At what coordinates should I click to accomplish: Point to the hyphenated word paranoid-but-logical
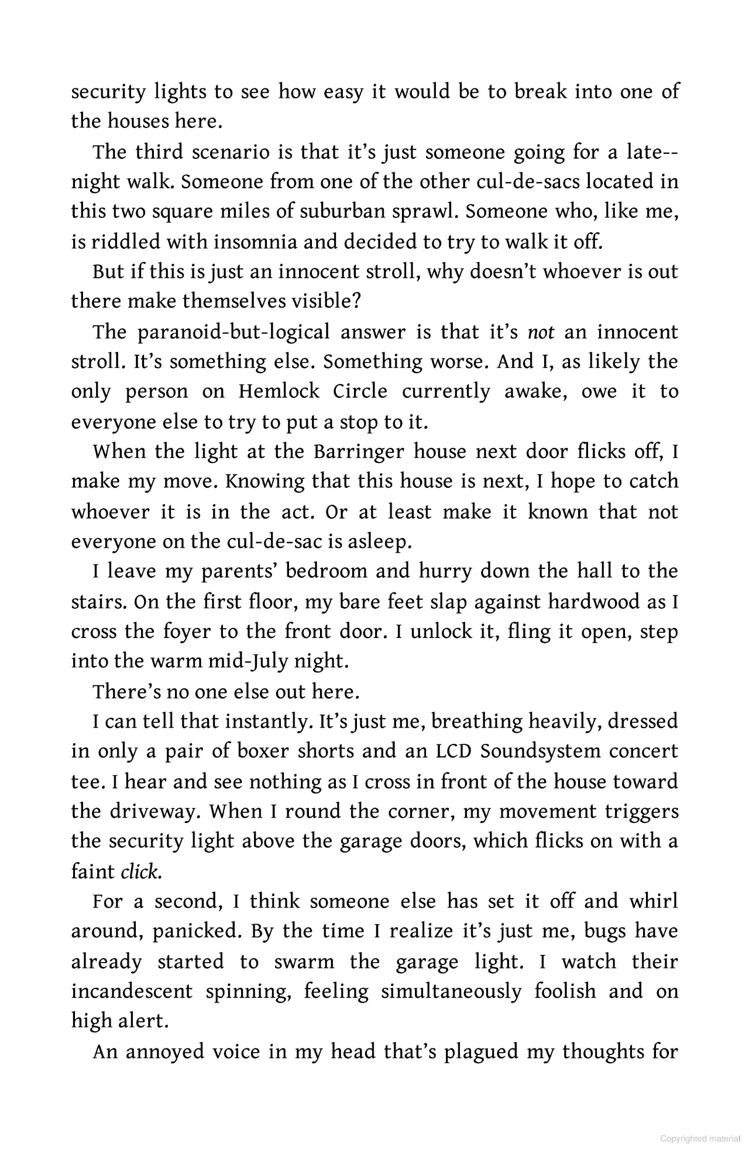[x=234, y=332]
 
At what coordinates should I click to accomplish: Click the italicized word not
[x=537, y=332]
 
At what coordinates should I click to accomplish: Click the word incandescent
[x=132, y=991]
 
